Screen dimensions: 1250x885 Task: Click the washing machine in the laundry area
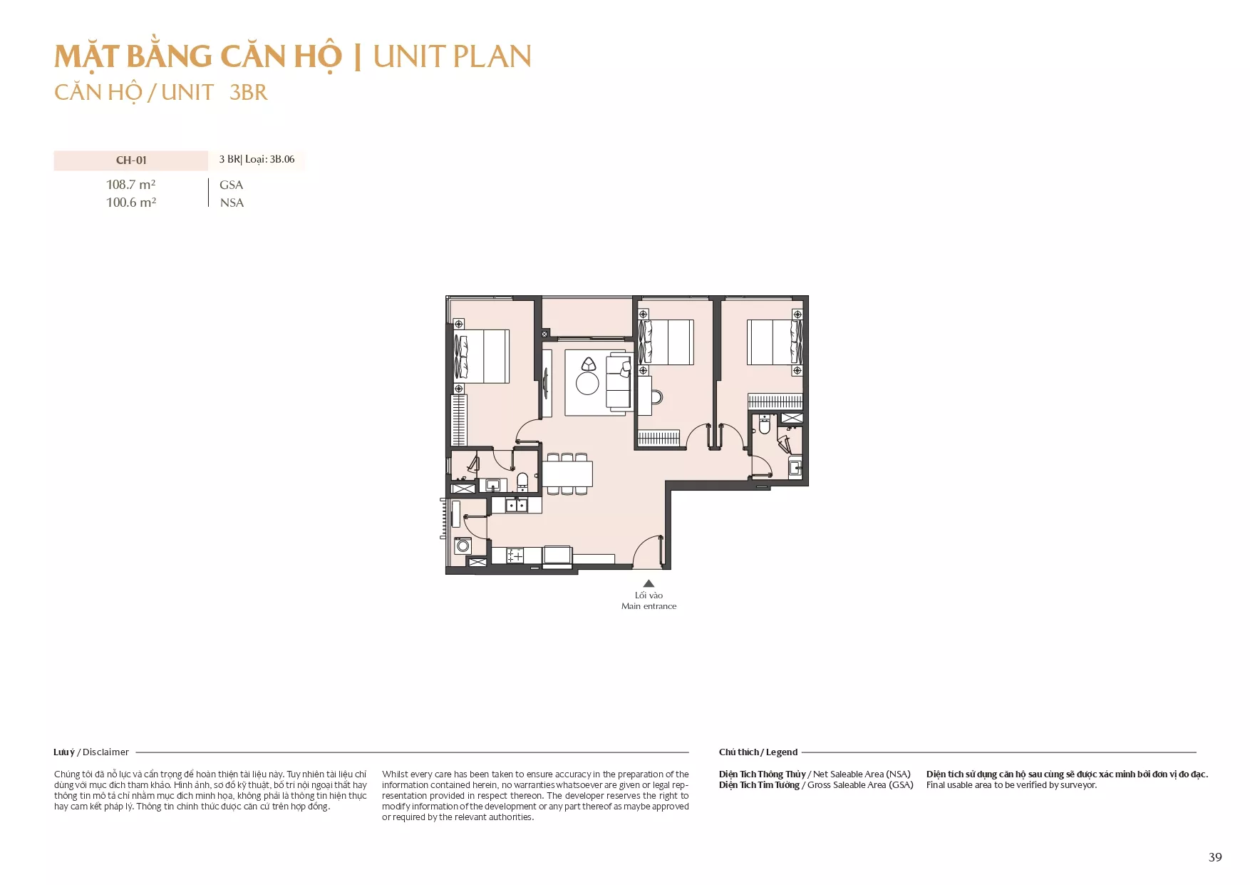[x=463, y=546]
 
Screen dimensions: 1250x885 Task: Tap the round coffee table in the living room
[x=587, y=384]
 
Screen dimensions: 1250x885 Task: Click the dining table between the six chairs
[x=567, y=474]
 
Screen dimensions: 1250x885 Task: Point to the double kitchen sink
[x=517, y=506]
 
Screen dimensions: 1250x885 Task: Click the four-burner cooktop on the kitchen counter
[x=515, y=556]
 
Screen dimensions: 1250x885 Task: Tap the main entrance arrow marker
[x=649, y=583]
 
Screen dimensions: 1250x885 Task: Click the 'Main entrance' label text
[x=649, y=606]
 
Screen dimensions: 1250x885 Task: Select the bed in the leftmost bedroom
[x=482, y=357]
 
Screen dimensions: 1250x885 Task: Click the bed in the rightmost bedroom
[x=775, y=342]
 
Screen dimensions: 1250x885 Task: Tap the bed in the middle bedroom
[x=666, y=342]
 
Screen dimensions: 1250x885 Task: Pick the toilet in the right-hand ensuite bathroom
[x=765, y=426]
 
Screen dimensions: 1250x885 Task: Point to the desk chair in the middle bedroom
[x=657, y=397]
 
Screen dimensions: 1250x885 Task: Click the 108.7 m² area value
[x=131, y=185]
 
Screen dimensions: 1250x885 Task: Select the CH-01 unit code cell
[x=131, y=160]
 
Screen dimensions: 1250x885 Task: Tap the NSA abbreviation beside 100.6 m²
[x=232, y=203]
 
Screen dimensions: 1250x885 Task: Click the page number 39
[x=1215, y=857]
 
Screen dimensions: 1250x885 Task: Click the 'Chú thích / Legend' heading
[x=758, y=752]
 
